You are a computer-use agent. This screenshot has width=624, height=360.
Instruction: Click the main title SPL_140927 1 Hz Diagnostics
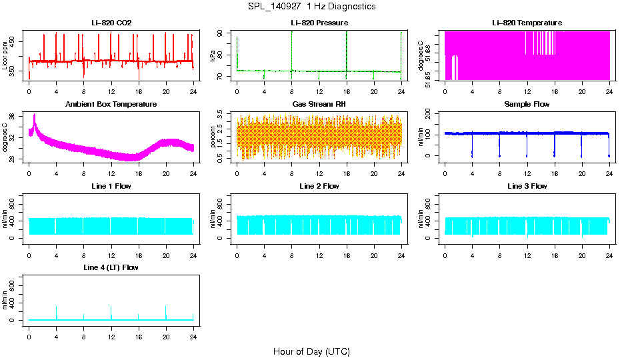311,7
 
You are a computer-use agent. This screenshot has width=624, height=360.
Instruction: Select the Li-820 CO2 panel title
111,23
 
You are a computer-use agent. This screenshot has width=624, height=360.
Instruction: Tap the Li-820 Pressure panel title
319,23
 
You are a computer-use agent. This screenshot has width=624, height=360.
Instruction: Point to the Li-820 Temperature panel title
527,23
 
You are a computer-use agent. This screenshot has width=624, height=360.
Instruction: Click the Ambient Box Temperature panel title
111,105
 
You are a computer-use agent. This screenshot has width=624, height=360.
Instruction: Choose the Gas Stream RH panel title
319,105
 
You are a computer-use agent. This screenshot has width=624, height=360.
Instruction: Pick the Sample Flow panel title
527,105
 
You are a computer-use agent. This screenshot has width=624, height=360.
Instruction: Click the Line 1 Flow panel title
111,186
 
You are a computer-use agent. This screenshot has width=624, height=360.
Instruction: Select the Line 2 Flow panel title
319,186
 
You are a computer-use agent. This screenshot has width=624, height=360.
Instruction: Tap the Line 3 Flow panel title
527,186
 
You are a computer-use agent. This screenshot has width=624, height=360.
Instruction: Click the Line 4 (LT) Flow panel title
111,267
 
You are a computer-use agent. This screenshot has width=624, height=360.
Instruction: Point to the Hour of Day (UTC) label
311,351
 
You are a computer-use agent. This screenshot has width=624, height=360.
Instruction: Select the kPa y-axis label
213,56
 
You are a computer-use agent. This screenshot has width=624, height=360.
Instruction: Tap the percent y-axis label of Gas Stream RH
213,137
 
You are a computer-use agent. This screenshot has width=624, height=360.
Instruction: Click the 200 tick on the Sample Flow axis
434,115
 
